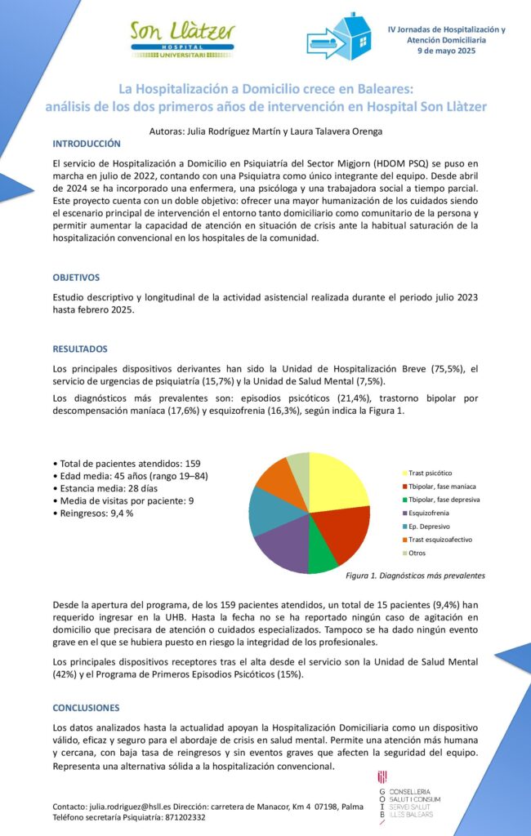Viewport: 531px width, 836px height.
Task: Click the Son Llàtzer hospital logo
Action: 183,38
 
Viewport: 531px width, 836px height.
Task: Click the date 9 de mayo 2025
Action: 445,51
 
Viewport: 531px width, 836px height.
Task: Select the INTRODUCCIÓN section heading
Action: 87,143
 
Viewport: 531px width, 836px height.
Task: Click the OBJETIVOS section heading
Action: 76,278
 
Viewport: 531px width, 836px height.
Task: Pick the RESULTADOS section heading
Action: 80,349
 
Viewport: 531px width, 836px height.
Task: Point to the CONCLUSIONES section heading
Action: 86,708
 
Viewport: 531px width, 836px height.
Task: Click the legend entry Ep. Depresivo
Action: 430,527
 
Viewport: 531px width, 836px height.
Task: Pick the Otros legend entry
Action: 417,553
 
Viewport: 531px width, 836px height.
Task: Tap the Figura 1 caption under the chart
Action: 416,576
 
